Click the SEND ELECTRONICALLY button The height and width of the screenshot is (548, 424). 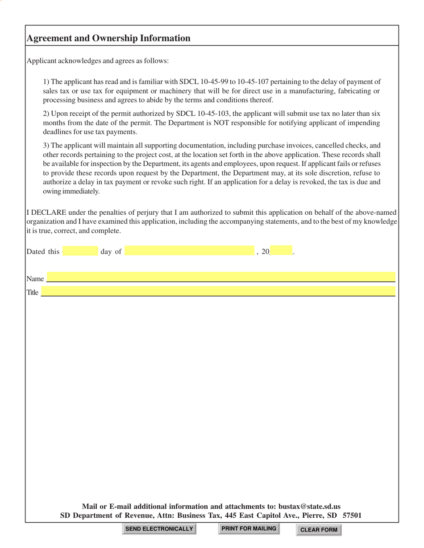(x=159, y=529)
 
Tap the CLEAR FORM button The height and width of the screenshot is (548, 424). (x=319, y=530)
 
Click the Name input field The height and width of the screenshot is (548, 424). (x=221, y=277)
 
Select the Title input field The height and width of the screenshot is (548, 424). (x=218, y=291)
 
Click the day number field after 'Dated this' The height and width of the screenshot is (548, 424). (x=80, y=251)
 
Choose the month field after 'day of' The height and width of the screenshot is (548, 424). (x=190, y=251)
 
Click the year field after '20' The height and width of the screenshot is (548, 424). (x=281, y=251)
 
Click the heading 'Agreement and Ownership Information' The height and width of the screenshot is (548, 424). (x=108, y=38)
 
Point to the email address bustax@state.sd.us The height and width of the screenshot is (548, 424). (x=309, y=506)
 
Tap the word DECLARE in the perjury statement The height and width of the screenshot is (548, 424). (x=48, y=213)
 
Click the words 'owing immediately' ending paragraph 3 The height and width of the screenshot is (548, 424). (x=71, y=191)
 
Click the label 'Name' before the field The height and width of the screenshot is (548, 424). (x=35, y=279)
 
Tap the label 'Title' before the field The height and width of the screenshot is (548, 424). (x=33, y=293)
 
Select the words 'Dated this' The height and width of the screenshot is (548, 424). (x=43, y=252)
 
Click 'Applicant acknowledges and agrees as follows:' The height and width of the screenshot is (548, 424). (x=98, y=61)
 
